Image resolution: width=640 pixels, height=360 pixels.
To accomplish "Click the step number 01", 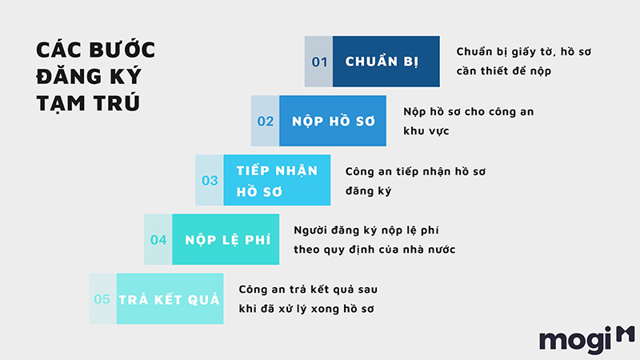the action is point(319,62).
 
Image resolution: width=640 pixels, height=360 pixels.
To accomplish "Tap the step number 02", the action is point(266,122).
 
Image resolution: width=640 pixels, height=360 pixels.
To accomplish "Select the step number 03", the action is point(210,181).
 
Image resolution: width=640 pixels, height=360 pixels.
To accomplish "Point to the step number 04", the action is point(158,239).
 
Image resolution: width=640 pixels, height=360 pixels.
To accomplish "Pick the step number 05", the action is point(102,299).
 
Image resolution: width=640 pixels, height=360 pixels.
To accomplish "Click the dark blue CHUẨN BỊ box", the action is point(386,62).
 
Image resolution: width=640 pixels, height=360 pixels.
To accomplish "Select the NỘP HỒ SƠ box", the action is point(333,121).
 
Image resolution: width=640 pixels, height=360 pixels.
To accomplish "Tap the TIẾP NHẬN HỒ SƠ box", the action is point(277,180).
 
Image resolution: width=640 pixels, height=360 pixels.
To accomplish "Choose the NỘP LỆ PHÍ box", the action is point(226,239).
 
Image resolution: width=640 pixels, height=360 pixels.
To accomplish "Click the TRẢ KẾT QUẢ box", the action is point(170,298).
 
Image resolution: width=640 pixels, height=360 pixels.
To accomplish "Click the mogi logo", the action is point(587,339).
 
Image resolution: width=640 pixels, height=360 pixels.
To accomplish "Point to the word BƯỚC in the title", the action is point(122,50).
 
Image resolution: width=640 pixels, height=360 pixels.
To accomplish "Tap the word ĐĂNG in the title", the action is point(69,76).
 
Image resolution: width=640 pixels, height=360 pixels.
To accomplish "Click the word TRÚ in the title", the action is point(117,102).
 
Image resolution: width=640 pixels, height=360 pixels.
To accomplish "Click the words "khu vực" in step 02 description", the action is point(426,131).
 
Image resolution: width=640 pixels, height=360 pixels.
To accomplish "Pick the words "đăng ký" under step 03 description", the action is point(368,190).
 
